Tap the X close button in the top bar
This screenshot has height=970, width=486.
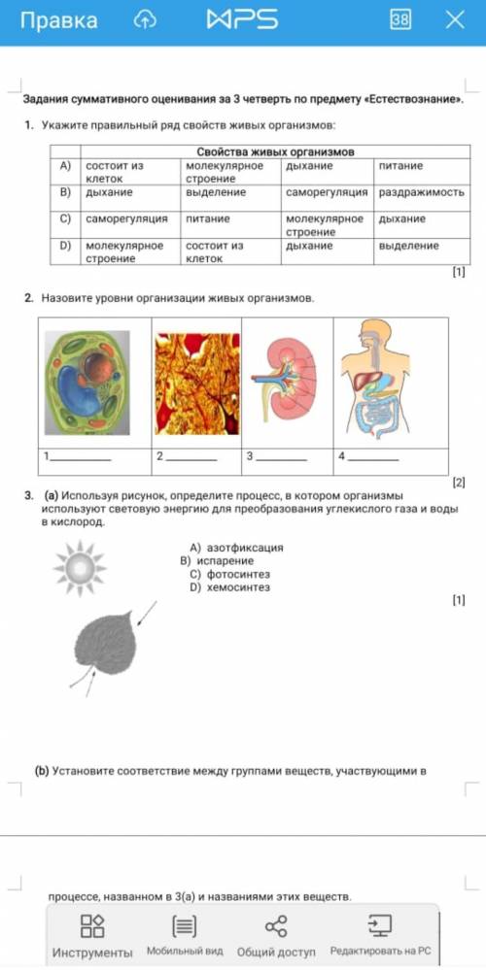click(x=455, y=19)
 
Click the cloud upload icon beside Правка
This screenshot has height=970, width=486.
click(x=145, y=20)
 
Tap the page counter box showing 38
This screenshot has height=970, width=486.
click(x=399, y=19)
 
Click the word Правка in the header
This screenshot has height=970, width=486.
click(x=59, y=20)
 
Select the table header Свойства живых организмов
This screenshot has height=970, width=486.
click(x=275, y=152)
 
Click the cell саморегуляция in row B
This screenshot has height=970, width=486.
click(x=328, y=192)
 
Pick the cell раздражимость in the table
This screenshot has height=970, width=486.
click(x=422, y=192)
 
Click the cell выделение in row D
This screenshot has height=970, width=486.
click(x=408, y=246)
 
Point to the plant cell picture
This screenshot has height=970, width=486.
click(x=87, y=383)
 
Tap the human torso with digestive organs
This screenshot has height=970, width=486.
click(x=375, y=379)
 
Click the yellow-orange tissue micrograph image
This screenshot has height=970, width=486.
click(x=197, y=384)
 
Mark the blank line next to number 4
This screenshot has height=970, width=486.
click(x=373, y=459)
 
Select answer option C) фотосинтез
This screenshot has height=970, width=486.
click(x=230, y=574)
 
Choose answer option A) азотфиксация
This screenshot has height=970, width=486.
click(x=236, y=548)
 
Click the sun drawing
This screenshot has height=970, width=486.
click(x=80, y=567)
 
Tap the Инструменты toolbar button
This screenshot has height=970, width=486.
click(x=92, y=935)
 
